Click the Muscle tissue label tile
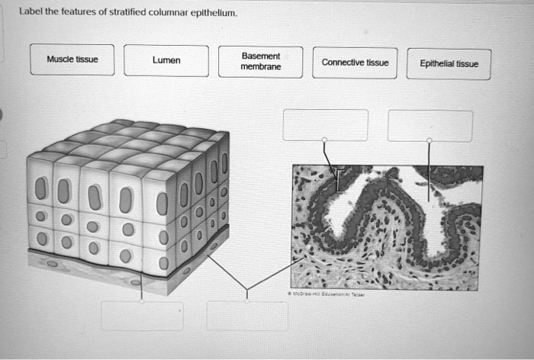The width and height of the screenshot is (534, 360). click(x=72, y=60)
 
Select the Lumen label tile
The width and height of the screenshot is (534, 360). click(x=166, y=61)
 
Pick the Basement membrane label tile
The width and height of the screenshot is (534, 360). click(x=261, y=62)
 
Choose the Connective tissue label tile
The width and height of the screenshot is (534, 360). click(x=355, y=63)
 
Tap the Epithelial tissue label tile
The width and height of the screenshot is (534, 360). click(x=449, y=64)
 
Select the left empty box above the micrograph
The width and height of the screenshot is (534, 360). click(x=325, y=125)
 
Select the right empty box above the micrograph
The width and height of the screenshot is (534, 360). click(x=429, y=126)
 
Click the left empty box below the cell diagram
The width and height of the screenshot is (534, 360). click(x=142, y=316)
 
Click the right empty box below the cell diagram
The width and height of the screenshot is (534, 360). click(x=246, y=316)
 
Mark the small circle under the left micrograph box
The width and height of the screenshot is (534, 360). click(x=325, y=140)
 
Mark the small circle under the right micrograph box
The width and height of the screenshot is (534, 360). click(x=429, y=140)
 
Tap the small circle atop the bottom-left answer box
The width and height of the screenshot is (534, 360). click(x=142, y=301)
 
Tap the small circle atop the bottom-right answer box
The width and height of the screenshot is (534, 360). click(x=246, y=301)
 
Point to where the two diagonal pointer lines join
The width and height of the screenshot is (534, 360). click(x=246, y=288)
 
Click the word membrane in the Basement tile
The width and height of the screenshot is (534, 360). click(x=261, y=67)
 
